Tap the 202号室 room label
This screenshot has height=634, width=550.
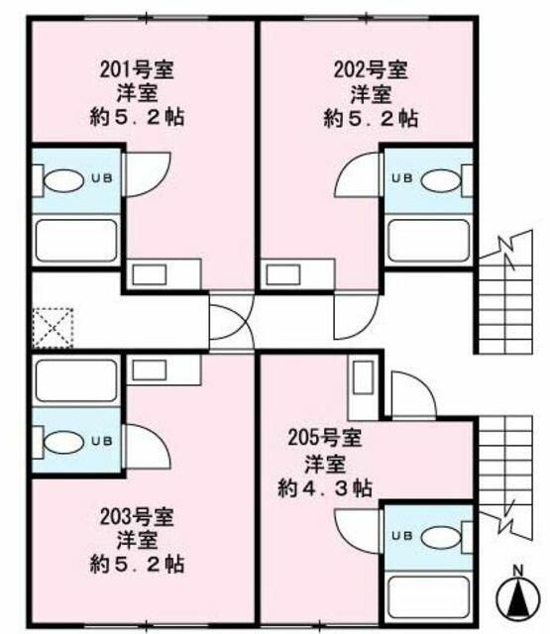click(370, 71)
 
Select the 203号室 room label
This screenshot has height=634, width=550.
click(138, 517)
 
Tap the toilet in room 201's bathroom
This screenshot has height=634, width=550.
click(65, 181)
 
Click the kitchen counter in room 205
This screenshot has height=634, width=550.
click(361, 388)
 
